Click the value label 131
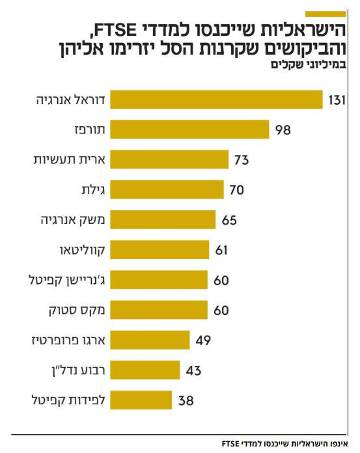pos(337,100)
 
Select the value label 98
pos(282,130)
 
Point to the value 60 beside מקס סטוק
pos(221,310)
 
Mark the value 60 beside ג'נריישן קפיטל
pos(221,281)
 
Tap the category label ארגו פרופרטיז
pos(68,339)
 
